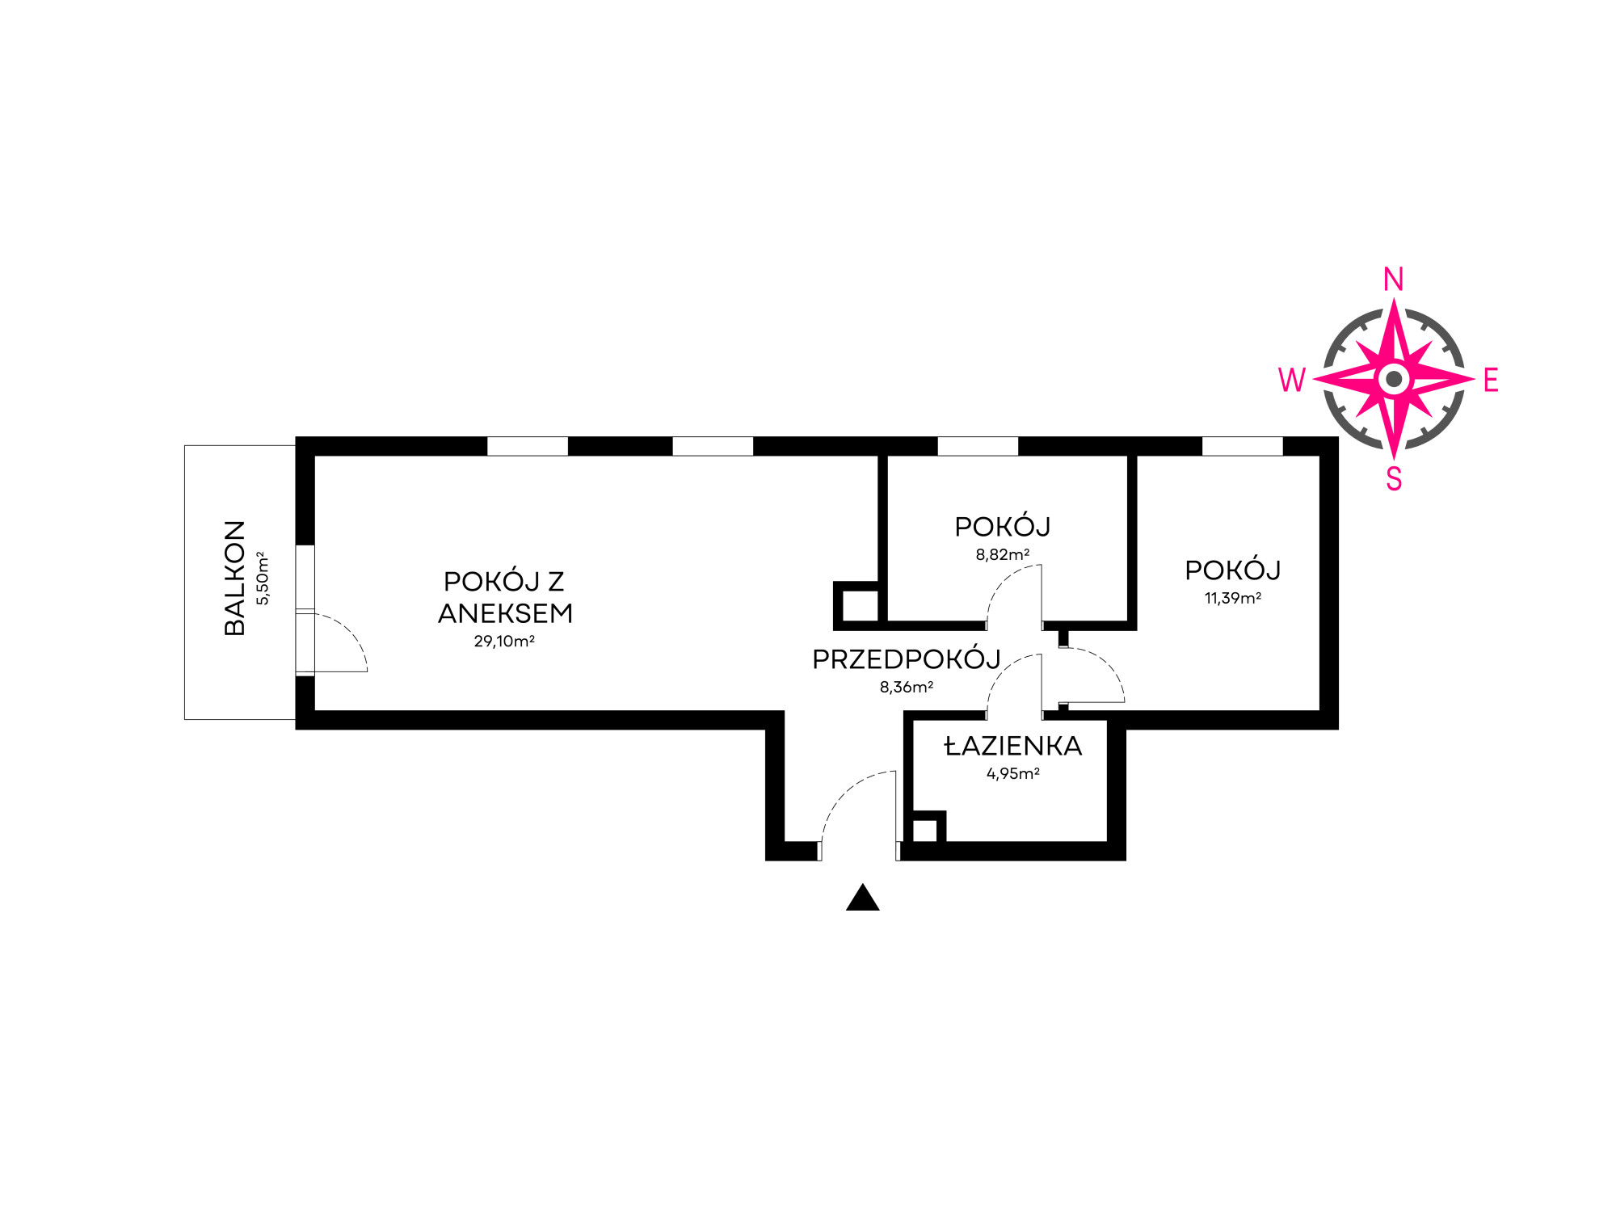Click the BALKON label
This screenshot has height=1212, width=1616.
234,578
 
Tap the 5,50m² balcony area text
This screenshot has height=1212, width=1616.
263,578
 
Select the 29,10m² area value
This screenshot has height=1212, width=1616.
504,642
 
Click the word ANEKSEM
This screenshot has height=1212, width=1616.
505,613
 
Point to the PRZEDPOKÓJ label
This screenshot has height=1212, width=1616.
906,659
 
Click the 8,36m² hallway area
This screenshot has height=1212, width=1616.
906,688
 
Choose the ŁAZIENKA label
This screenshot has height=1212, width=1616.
1012,746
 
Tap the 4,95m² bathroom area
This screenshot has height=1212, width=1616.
1012,773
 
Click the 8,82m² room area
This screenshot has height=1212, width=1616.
1002,555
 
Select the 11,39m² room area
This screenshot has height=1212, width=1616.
1232,599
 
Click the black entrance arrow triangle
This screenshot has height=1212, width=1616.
862,898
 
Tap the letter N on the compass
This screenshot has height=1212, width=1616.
1393,280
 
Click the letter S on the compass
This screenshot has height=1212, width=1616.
1394,479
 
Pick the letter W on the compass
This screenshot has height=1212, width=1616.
1291,380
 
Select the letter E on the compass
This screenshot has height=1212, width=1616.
1491,380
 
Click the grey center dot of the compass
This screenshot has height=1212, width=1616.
1394,379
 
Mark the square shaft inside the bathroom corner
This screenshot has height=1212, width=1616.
925,831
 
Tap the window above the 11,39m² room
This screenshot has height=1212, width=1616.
1242,446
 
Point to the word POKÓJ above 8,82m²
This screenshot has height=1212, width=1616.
1002,527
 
